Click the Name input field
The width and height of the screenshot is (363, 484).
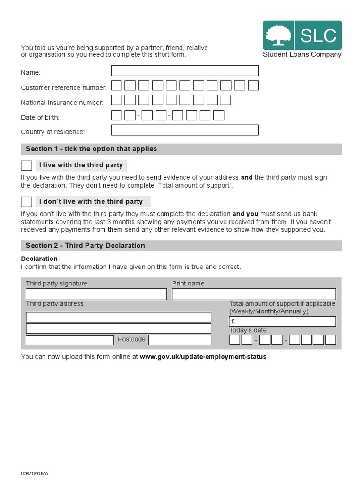(184, 71)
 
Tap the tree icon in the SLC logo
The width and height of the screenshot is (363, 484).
(278, 35)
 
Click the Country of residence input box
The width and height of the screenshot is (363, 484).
(184, 130)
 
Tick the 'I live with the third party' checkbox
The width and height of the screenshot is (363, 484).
(26, 165)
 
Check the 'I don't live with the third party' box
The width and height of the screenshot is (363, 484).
(26, 202)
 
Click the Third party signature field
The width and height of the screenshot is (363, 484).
(96, 294)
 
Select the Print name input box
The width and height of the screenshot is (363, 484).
(253, 294)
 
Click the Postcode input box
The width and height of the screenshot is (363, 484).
(180, 340)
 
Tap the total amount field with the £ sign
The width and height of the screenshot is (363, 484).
(282, 321)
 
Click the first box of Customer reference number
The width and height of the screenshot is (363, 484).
(116, 86)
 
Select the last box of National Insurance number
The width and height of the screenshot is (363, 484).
(225, 100)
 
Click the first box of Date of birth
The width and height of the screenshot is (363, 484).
(116, 115)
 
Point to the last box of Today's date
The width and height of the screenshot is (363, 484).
(330, 340)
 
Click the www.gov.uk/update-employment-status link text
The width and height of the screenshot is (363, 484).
(203, 357)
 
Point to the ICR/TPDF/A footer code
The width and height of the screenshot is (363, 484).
(35, 473)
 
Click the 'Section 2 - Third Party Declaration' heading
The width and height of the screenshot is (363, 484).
(86, 246)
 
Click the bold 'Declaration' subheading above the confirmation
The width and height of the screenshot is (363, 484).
(39, 259)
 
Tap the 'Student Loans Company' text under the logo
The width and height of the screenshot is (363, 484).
(302, 54)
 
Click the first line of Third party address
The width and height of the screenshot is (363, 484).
(119, 317)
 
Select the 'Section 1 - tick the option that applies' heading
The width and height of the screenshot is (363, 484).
(91, 149)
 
